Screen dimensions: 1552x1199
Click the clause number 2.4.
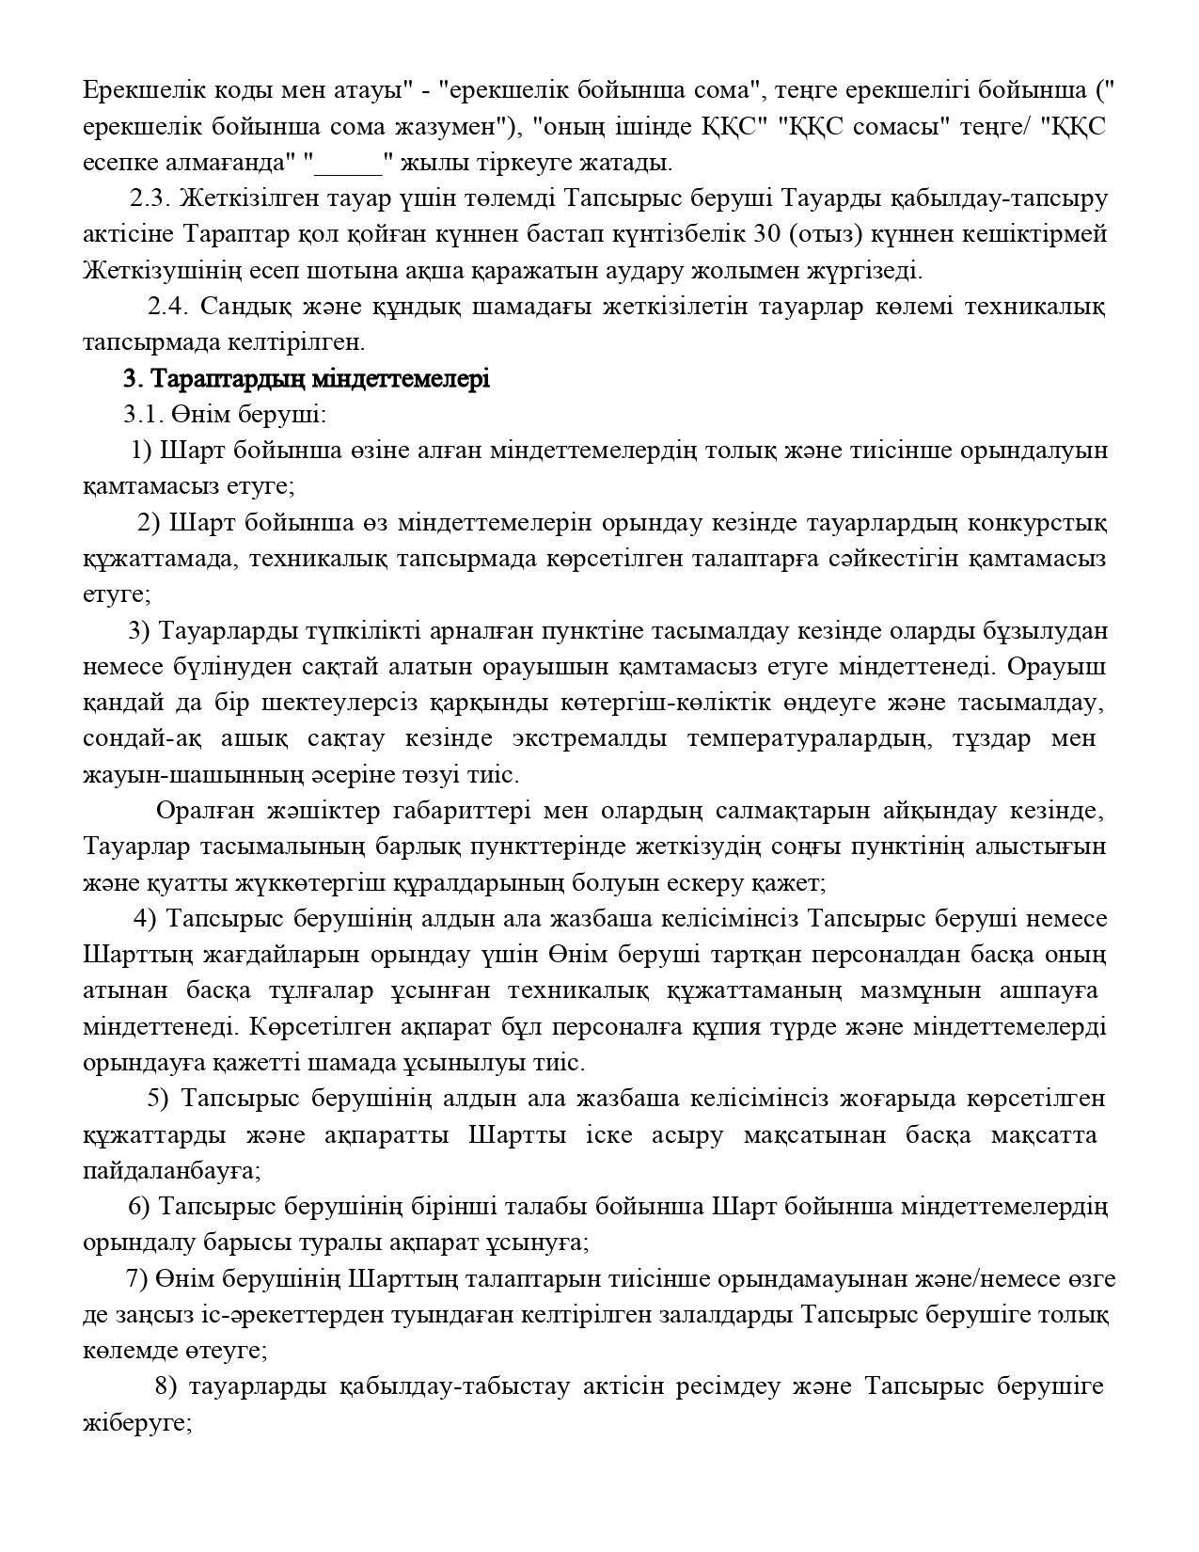coord(168,307)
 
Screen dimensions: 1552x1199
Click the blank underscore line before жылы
coord(349,163)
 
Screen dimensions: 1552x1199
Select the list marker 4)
coord(146,919)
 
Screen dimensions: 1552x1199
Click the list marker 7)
coord(137,1279)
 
